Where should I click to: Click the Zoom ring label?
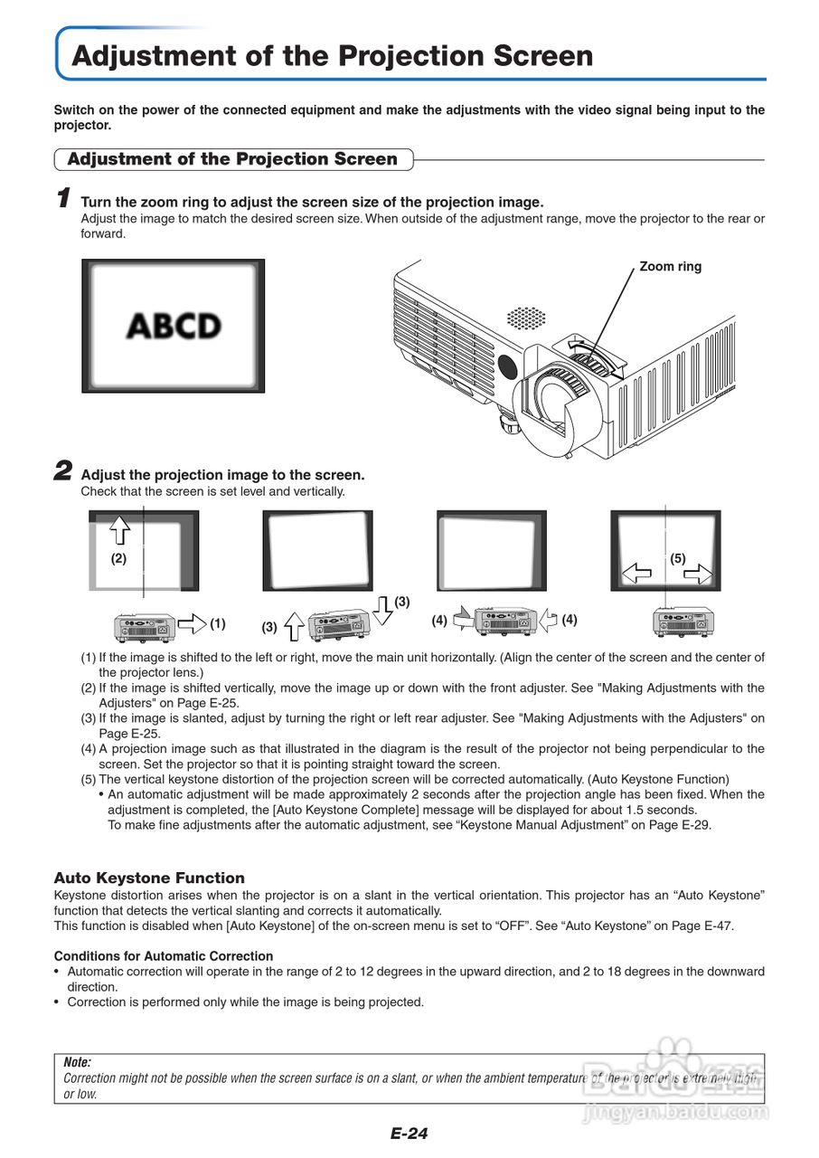pos(670,266)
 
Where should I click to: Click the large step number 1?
pos(62,197)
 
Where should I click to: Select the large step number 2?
pos(62,470)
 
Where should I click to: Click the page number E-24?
pos(409,1134)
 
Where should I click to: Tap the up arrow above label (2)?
pos(118,527)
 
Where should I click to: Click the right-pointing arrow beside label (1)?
pos(192,623)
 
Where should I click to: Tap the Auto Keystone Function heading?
pos(149,878)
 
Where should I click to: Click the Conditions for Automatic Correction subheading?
pos(164,955)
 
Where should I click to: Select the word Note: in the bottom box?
pos(77,1063)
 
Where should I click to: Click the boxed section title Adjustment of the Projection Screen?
pos(232,159)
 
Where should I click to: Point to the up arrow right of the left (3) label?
pos(295,625)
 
